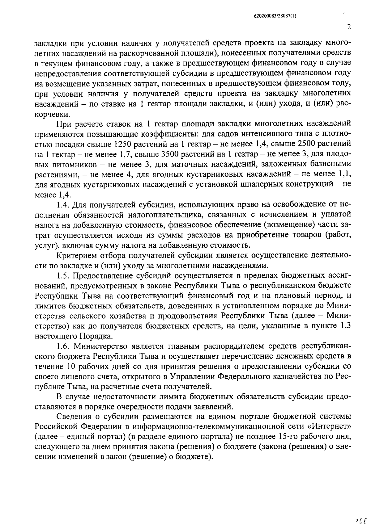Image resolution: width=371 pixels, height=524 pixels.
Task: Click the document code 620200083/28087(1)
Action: pos(273,16)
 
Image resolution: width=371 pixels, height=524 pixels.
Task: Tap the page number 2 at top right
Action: pos(349,27)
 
